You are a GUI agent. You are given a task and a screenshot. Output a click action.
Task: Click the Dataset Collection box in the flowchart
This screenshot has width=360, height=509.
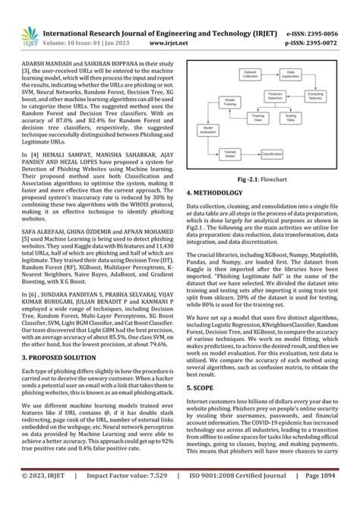pyautogui.click(x=251, y=74)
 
